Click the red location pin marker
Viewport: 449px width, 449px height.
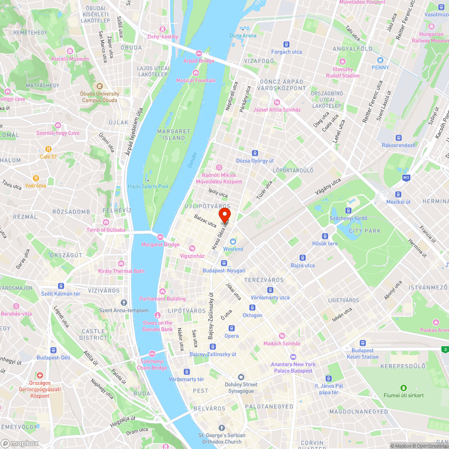coord(224,212)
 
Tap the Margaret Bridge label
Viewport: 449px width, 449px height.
coord(160,245)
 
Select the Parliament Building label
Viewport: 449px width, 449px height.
coord(162,299)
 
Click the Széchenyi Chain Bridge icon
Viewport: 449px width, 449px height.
coord(152,353)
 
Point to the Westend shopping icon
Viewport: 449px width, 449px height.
coord(233,242)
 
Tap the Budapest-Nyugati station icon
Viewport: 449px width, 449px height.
coord(224,263)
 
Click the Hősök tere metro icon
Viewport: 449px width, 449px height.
coord(325,236)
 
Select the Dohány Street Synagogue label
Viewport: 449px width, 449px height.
coord(241,387)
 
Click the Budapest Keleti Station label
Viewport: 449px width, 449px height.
coord(362,354)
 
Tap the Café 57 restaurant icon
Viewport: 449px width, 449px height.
coord(48,149)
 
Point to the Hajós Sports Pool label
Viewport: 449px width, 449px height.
coord(148,186)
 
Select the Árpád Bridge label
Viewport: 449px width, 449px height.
coord(199,61)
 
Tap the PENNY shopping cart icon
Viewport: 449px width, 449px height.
coord(380,60)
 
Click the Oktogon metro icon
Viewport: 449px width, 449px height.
coord(252,308)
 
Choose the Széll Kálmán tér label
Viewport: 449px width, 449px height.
coord(61,294)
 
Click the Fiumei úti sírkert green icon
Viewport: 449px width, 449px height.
coord(403,388)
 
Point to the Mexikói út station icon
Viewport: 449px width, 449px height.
coord(398,194)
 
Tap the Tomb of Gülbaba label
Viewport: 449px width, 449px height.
coord(106,230)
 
